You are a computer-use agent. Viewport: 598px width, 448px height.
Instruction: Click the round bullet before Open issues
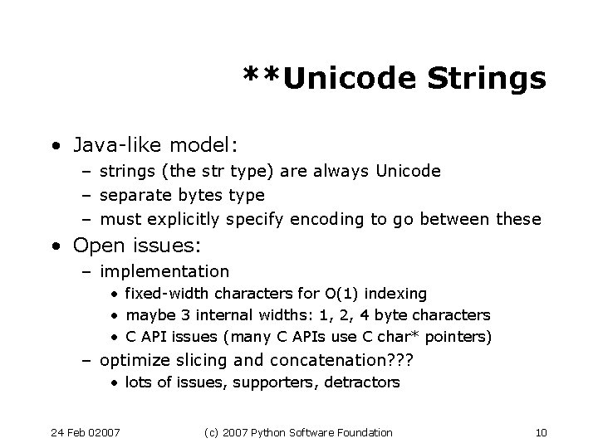click(x=54, y=246)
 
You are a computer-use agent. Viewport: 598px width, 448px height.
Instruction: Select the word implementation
click(x=164, y=271)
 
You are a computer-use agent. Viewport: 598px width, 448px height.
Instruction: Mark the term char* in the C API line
click(x=399, y=338)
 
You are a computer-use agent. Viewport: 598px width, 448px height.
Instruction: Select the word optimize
click(x=133, y=361)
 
